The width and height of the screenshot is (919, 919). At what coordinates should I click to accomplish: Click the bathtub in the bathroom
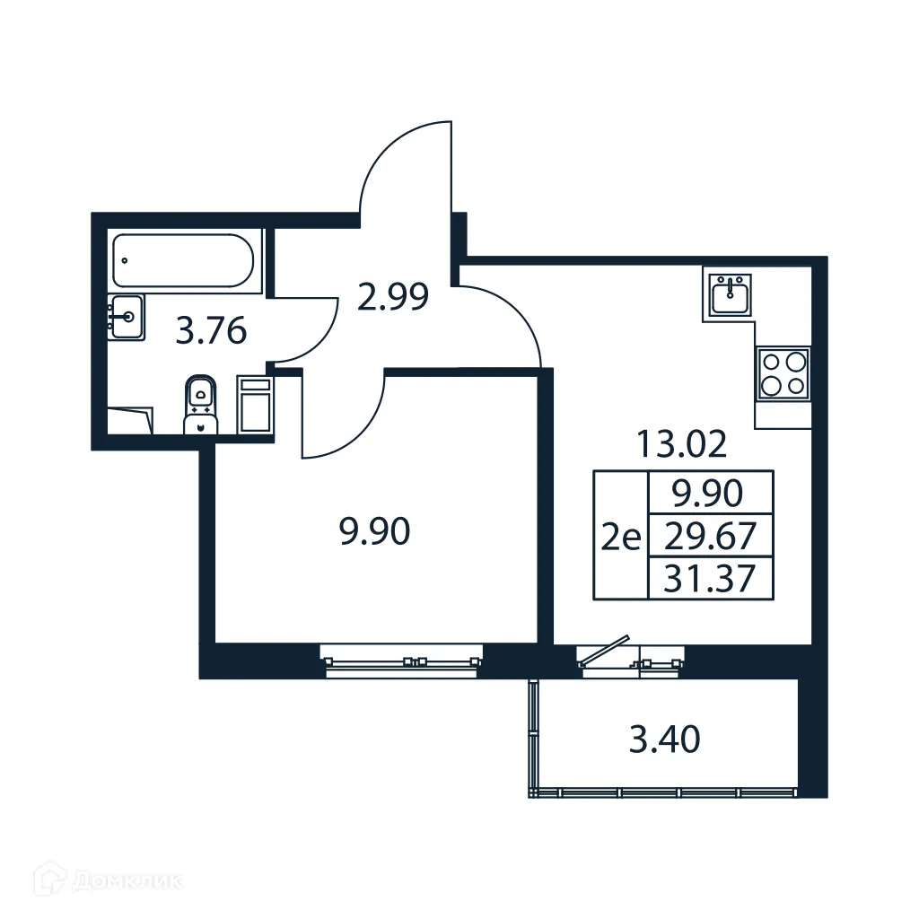(184, 260)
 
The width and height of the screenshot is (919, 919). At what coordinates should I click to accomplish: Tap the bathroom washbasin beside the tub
(126, 317)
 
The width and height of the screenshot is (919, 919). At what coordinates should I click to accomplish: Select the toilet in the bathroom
(201, 406)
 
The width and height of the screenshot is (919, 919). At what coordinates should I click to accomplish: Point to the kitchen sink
(731, 295)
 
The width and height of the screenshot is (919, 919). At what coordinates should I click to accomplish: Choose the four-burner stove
(783, 373)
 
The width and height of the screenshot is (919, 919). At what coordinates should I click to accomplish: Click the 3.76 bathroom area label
(211, 332)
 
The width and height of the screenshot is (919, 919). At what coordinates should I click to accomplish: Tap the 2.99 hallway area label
(392, 296)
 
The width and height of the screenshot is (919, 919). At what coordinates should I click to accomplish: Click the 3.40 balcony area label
(664, 741)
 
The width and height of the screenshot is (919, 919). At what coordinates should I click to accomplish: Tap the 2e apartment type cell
(620, 538)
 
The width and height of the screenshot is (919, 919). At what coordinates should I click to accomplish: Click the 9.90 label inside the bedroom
(374, 533)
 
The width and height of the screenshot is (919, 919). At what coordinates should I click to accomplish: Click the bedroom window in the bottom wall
(402, 661)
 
